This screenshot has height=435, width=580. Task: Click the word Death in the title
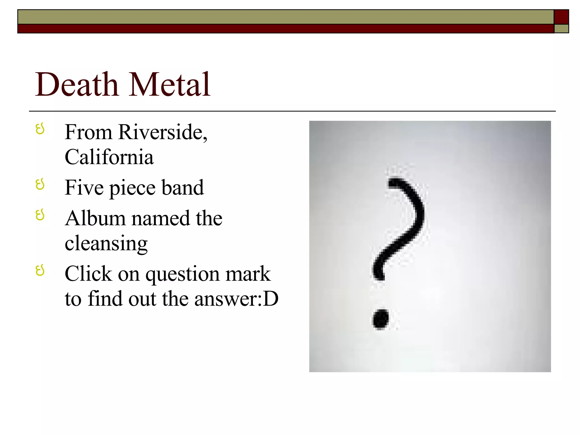coord(76,84)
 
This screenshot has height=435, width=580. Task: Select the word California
coord(109,157)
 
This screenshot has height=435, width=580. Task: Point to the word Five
coord(84,187)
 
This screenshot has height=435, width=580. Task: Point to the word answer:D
coord(236,299)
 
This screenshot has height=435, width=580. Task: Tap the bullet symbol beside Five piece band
coord(40,184)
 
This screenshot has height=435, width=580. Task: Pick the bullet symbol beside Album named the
coord(40,215)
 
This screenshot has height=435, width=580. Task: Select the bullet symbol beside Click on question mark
coord(40,270)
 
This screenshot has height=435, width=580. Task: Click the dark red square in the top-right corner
coord(561,17)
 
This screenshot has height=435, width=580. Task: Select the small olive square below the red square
coord(561,29)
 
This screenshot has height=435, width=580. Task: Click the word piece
coord(132,188)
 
